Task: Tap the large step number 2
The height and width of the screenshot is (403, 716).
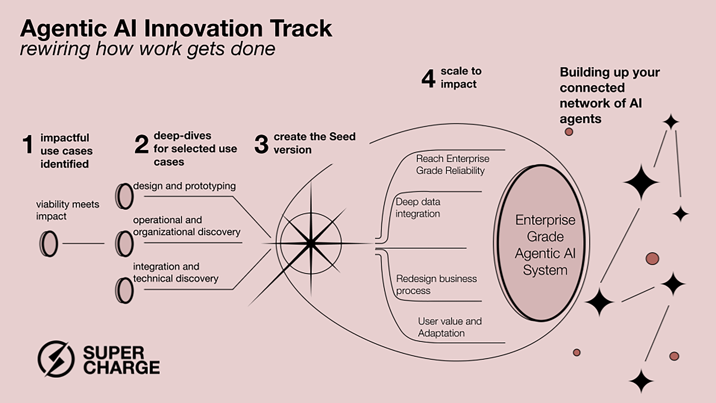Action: click(x=141, y=144)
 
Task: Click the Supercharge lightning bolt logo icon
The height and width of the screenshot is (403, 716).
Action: click(x=56, y=359)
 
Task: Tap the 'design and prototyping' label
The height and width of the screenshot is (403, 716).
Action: click(x=184, y=186)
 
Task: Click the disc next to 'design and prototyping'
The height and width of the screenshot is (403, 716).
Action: click(x=125, y=196)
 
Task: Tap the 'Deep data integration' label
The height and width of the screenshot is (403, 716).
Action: click(x=418, y=208)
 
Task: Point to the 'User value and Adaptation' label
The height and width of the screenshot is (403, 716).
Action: click(x=450, y=327)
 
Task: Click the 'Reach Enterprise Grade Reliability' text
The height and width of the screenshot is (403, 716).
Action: click(x=453, y=164)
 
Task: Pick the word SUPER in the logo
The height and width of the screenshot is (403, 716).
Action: click(x=113, y=353)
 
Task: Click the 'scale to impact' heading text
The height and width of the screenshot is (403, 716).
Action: click(x=461, y=77)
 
